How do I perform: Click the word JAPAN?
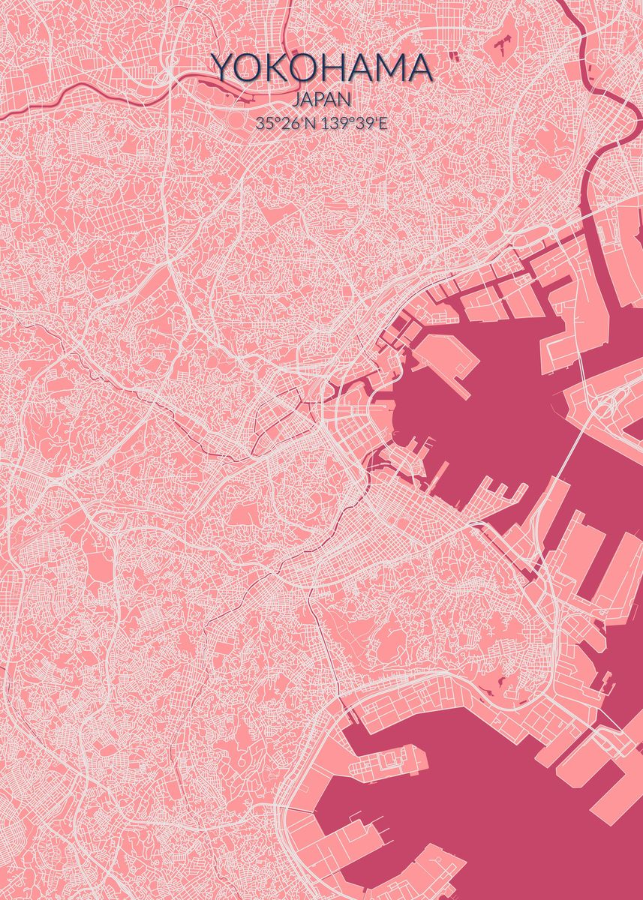[x=322, y=100]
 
